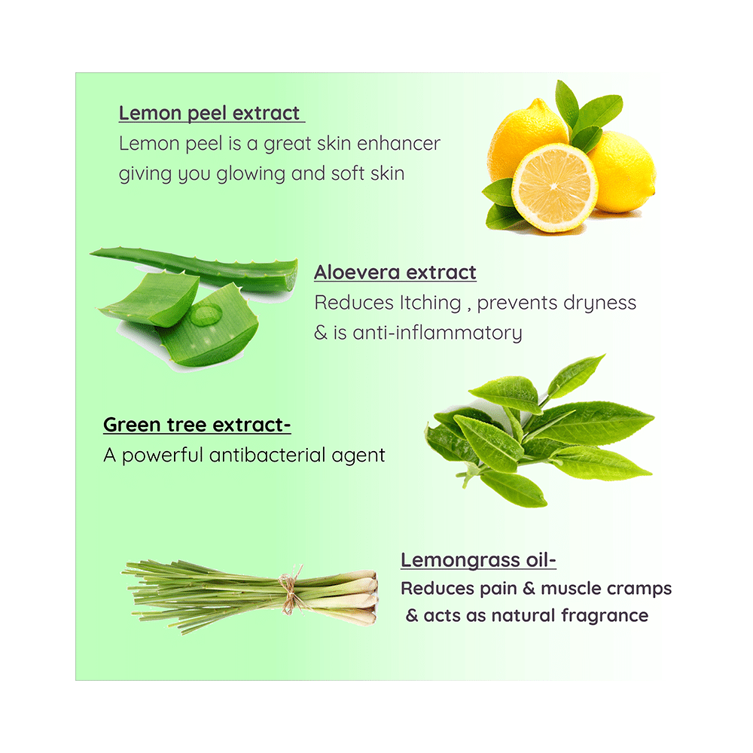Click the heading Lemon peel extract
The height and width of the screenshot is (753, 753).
tap(209, 114)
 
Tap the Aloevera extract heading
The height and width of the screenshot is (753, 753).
tap(395, 273)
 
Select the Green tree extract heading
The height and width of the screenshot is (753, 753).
tap(197, 425)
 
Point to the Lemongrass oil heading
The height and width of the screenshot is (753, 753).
tap(478, 560)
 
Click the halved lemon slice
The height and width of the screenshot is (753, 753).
tap(555, 187)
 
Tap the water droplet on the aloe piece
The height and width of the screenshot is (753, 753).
tap(206, 315)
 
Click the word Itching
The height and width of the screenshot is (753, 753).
tap(430, 303)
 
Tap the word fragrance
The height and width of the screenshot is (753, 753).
tap(605, 616)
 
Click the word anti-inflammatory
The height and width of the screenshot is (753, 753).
tap(437, 333)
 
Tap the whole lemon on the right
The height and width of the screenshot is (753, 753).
tap(623, 172)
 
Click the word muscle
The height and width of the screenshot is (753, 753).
tap(567, 589)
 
